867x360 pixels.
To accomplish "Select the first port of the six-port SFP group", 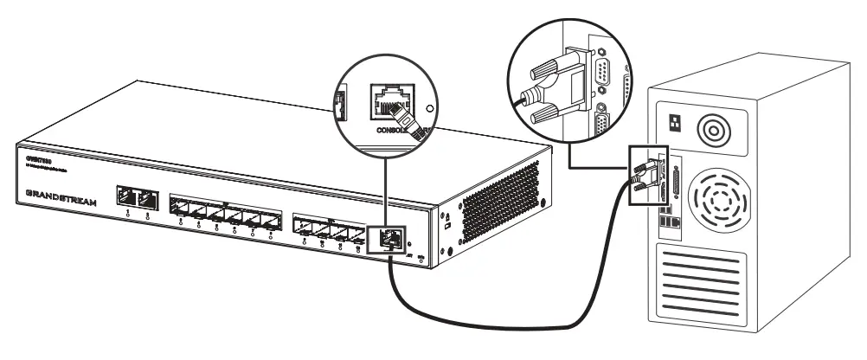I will [179, 208].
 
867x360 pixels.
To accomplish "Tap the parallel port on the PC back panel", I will [673, 187].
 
